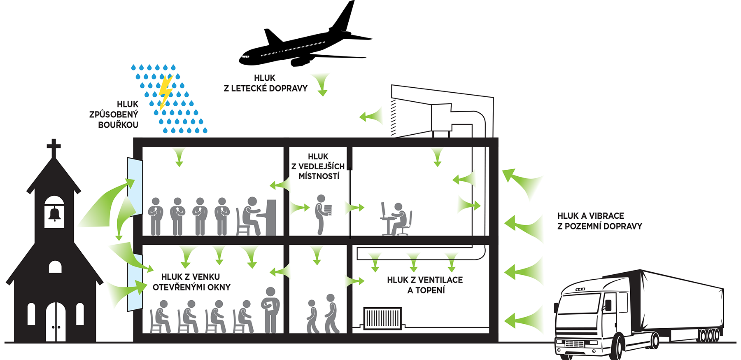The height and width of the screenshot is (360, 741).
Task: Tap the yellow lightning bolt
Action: pyautogui.click(x=165, y=91)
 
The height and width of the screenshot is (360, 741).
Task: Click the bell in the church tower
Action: pyautogui.click(x=54, y=214)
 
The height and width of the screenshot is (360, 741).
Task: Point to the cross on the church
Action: pyautogui.click(x=54, y=147)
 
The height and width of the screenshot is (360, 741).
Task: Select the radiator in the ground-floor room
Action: pyautogui.click(x=382, y=318)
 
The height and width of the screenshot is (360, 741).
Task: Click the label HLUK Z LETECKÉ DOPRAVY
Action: pyautogui.click(x=266, y=83)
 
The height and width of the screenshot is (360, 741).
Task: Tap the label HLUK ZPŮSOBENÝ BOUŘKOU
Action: pyautogui.click(x=114, y=115)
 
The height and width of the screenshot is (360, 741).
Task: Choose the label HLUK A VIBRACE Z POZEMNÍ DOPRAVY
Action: pyautogui.click(x=599, y=221)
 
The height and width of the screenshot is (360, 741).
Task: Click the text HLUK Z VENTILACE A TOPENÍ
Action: pyautogui.click(x=425, y=285)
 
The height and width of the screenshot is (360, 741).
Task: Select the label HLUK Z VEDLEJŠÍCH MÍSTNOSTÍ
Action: pyautogui.click(x=318, y=166)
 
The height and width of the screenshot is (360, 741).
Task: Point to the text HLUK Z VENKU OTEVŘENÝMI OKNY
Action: pyautogui.click(x=191, y=282)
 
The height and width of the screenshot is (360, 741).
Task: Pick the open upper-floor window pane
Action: pyautogui.click(x=135, y=186)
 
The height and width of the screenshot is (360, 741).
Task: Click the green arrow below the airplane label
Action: pyautogui.click(x=322, y=84)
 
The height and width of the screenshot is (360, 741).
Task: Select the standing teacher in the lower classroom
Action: pyautogui.click(x=270, y=309)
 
